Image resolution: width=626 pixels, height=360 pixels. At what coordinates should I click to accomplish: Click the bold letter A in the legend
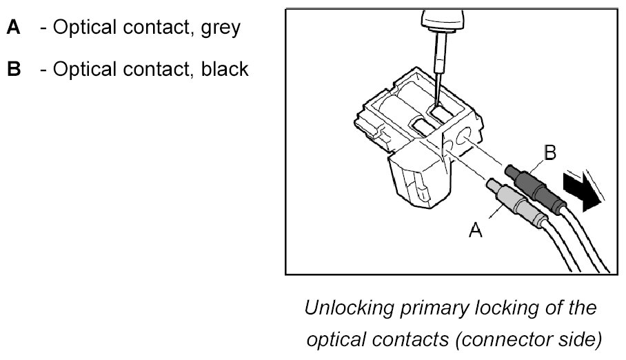(x=14, y=29)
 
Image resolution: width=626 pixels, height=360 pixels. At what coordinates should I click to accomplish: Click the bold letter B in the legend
(x=14, y=70)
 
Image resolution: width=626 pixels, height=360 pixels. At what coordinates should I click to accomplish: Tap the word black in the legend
(x=221, y=70)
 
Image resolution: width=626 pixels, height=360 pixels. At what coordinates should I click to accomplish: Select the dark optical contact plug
(x=532, y=181)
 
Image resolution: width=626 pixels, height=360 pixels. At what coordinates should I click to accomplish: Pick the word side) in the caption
(x=576, y=339)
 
